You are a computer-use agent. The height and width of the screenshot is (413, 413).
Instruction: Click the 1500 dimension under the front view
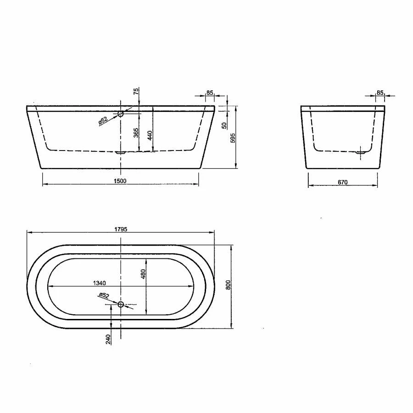pos(120,181)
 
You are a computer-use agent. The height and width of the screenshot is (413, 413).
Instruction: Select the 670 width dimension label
pos(342,182)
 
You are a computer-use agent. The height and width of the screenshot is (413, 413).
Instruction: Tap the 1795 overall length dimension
pos(120,229)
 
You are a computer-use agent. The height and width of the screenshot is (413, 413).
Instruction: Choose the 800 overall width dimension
pos(228,285)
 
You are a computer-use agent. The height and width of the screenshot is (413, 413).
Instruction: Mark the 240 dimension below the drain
pos(108,339)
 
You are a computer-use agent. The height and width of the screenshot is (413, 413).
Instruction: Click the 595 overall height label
pos(233,138)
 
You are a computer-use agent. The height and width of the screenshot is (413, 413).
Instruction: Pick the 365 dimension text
pos(136,133)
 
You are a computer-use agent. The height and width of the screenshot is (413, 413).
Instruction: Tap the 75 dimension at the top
pos(136,91)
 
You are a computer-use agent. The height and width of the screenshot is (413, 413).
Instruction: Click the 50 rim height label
pos(224,125)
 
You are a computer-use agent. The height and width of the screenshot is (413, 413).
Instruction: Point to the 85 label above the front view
pos(210,93)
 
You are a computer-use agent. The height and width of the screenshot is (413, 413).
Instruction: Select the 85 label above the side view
pos(380,93)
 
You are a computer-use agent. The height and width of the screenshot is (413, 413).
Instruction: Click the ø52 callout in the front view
pos(103,121)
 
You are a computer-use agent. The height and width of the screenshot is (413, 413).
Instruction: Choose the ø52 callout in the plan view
pos(104,296)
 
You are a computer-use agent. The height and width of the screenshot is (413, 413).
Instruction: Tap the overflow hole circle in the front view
pos(121,113)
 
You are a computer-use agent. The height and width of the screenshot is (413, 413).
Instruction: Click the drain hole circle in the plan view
pos(121,304)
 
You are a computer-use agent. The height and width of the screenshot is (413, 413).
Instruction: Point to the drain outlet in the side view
pos(361,151)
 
